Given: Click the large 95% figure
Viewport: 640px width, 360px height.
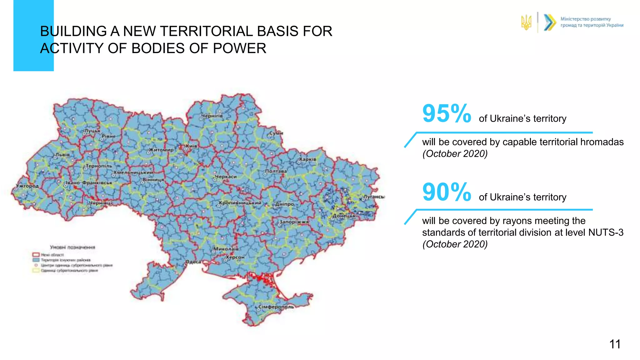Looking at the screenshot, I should pyautogui.click(x=446, y=113).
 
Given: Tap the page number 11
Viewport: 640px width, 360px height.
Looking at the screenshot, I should pyautogui.click(x=615, y=344).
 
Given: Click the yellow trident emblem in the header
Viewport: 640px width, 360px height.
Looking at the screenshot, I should pyautogui.click(x=526, y=22).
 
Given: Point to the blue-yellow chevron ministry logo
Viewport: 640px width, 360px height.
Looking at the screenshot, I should pyautogui.click(x=550, y=22).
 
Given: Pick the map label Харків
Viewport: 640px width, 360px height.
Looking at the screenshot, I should pyautogui.click(x=308, y=159).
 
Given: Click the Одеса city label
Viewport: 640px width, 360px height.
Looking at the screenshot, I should pyautogui.click(x=193, y=262).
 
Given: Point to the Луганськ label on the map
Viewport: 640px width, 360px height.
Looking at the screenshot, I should pyautogui.click(x=374, y=197).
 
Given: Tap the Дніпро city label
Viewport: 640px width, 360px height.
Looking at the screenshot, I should pyautogui.click(x=285, y=204).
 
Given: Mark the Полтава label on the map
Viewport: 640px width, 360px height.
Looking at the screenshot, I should pyautogui.click(x=276, y=171).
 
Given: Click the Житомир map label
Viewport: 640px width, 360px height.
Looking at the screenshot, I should pyautogui.click(x=161, y=150).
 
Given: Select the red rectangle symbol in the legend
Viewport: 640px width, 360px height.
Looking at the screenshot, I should pyautogui.click(x=36, y=255).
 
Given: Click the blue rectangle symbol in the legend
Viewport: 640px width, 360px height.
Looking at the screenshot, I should pyautogui.click(x=36, y=260).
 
